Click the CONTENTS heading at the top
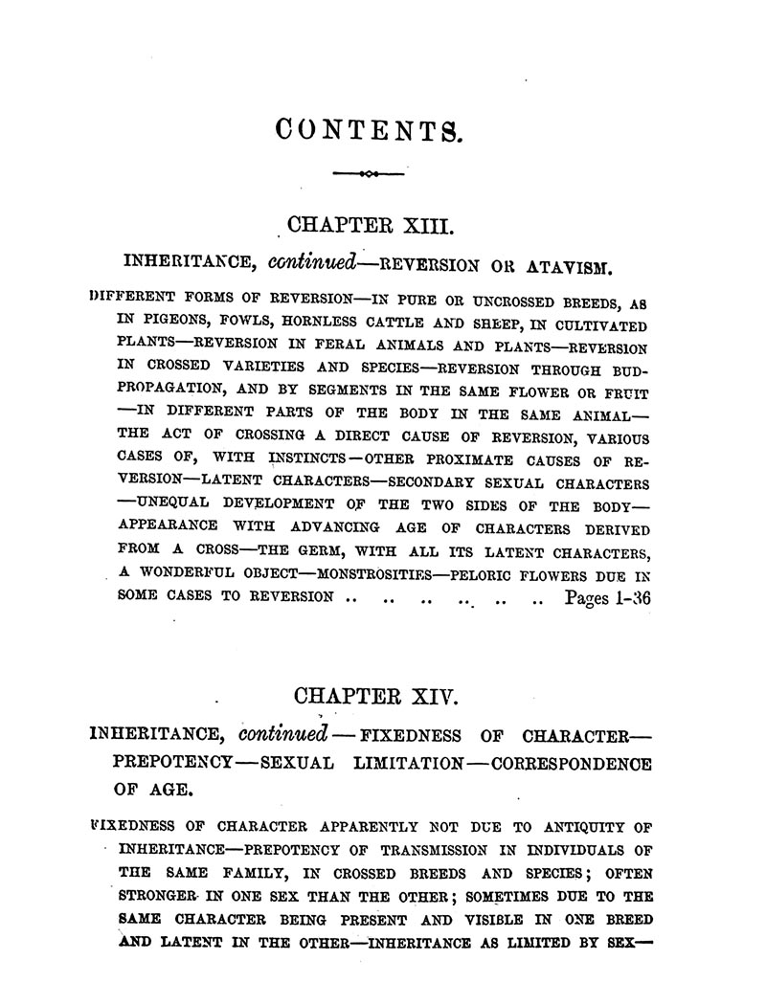(368, 129)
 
